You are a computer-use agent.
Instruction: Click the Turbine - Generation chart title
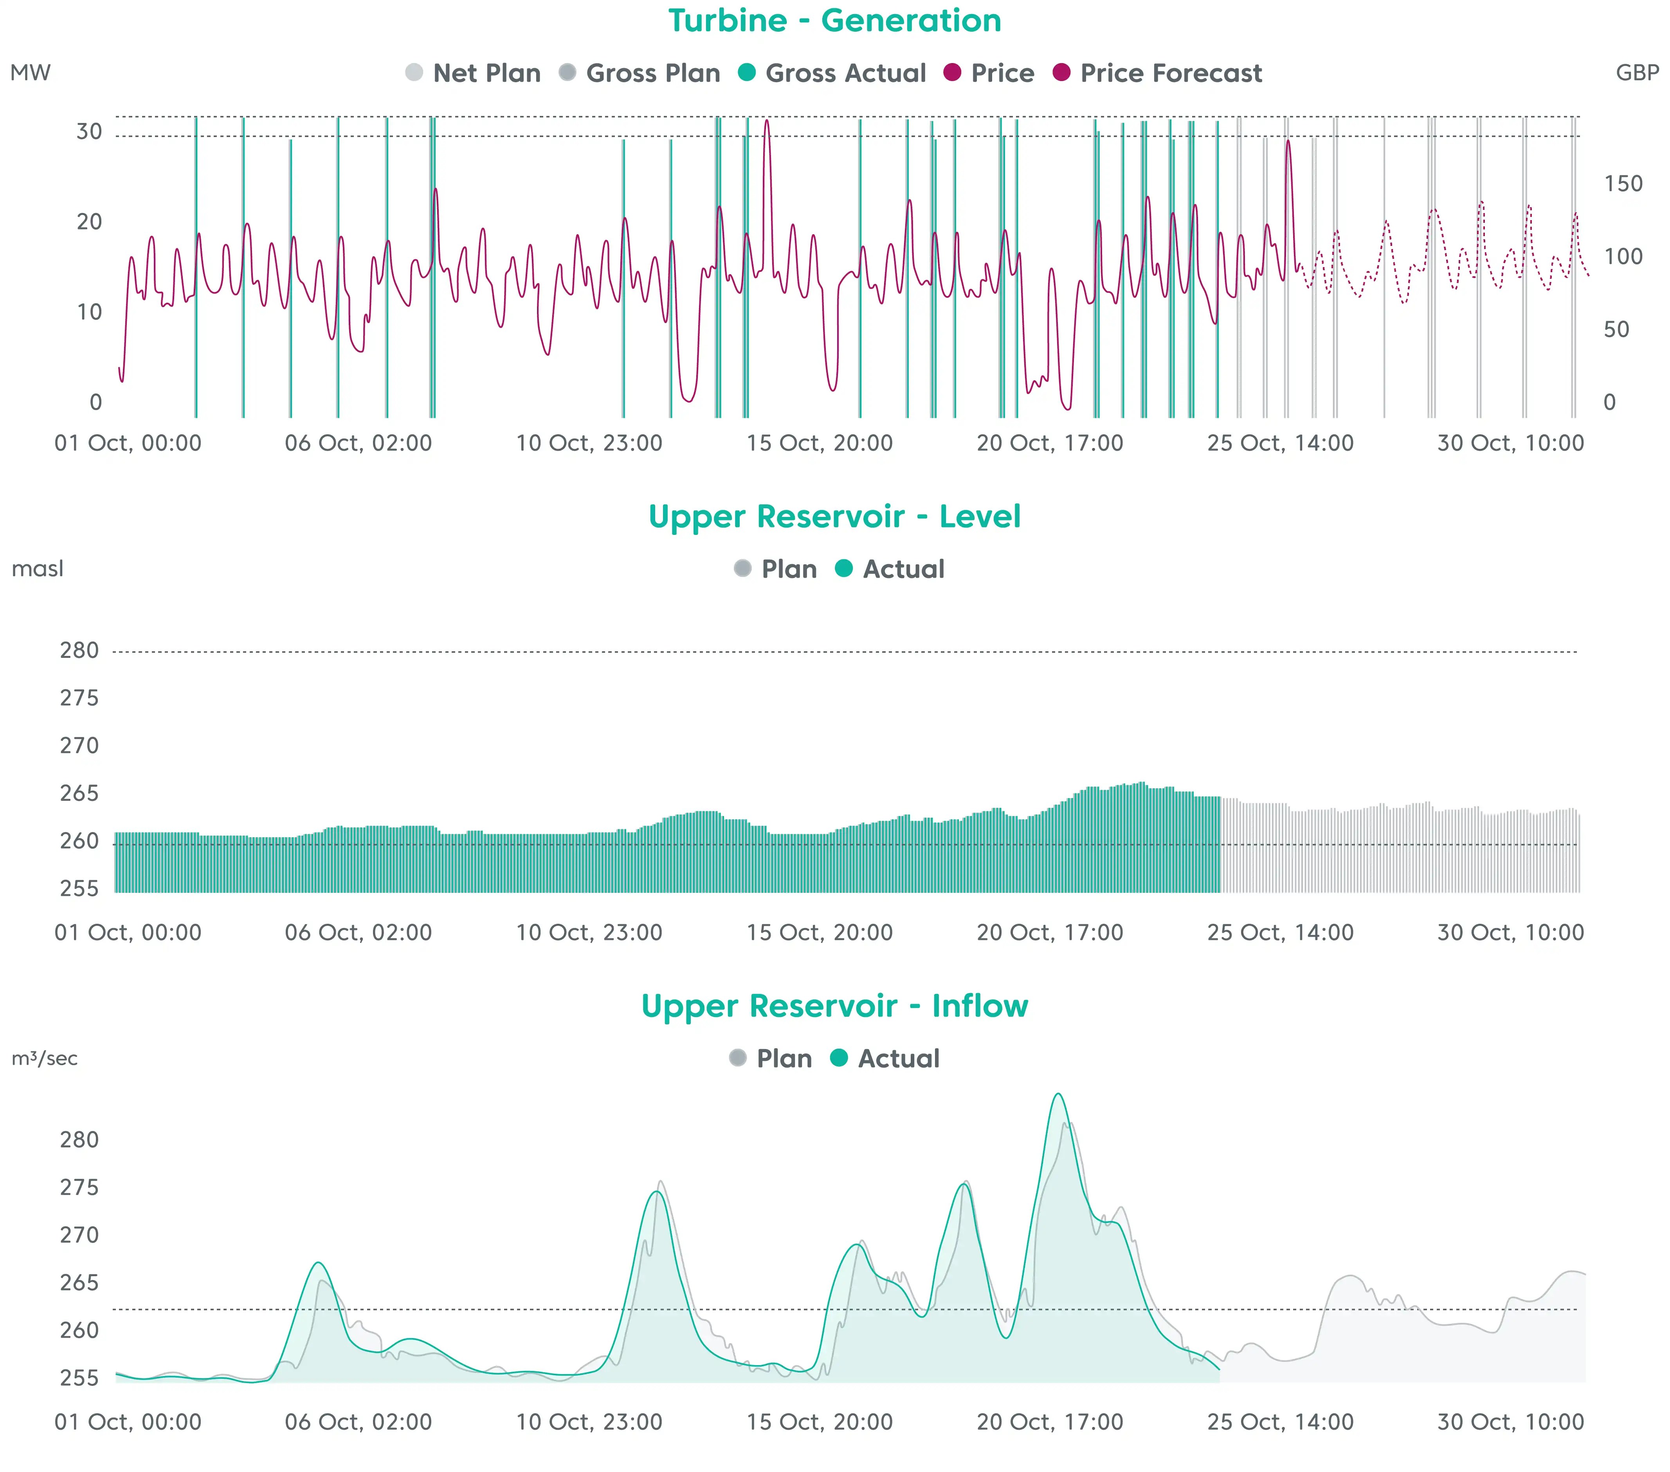pos(834,20)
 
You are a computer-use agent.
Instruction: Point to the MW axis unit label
pos(30,73)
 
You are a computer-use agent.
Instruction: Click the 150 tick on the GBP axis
pos(1623,184)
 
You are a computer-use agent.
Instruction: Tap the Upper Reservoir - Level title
pos(834,517)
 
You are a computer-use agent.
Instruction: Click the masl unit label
pos(38,569)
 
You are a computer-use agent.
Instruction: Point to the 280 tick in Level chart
pos(79,650)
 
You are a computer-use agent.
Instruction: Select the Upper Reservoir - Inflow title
pos(834,1006)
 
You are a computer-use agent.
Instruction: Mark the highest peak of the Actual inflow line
pos(1058,1095)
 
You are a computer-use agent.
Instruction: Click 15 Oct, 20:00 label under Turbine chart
pos(820,443)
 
